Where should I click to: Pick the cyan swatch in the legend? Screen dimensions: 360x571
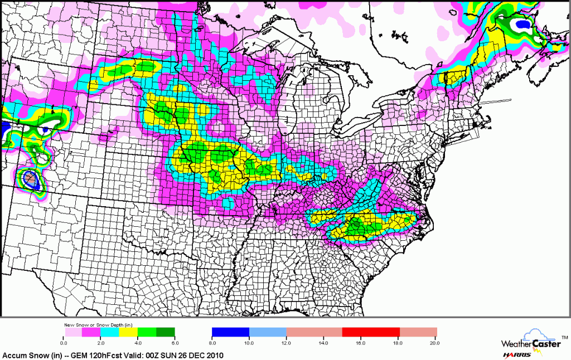[110, 332]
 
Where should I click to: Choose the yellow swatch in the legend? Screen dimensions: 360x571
[128, 332]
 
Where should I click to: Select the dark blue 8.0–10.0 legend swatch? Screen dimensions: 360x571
[231, 332]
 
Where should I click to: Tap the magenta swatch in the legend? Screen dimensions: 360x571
[91, 332]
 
